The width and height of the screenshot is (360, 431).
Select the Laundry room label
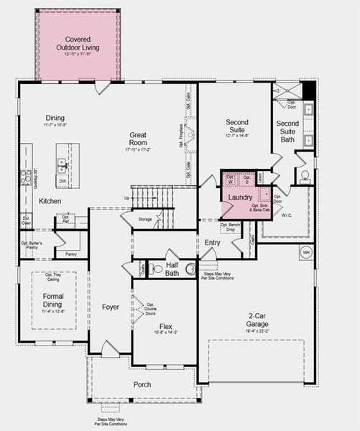tap(239, 197)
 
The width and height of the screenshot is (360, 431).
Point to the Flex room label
tap(165, 327)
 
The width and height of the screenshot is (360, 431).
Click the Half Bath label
tap(172, 268)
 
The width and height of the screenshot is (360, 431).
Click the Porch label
tap(142, 384)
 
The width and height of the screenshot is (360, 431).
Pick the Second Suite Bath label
tap(287, 128)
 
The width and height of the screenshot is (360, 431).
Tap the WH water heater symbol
tap(305, 252)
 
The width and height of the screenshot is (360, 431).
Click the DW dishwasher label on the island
tap(63, 181)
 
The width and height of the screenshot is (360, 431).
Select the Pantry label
tap(70, 254)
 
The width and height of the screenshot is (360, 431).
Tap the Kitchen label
tap(50, 201)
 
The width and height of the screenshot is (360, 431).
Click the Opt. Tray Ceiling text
tap(49, 277)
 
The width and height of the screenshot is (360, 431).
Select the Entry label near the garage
tap(212, 243)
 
